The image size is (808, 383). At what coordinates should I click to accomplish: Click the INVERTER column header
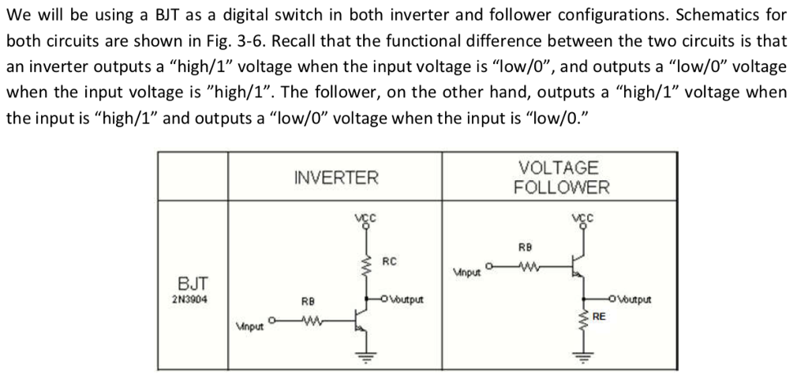coord(335,178)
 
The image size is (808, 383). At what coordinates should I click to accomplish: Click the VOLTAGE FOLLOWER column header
coord(561,178)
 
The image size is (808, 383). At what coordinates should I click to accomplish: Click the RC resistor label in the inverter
coord(389,261)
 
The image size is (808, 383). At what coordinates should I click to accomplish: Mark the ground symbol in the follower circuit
coord(583,355)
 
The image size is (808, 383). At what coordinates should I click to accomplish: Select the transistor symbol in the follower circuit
coord(578,268)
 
